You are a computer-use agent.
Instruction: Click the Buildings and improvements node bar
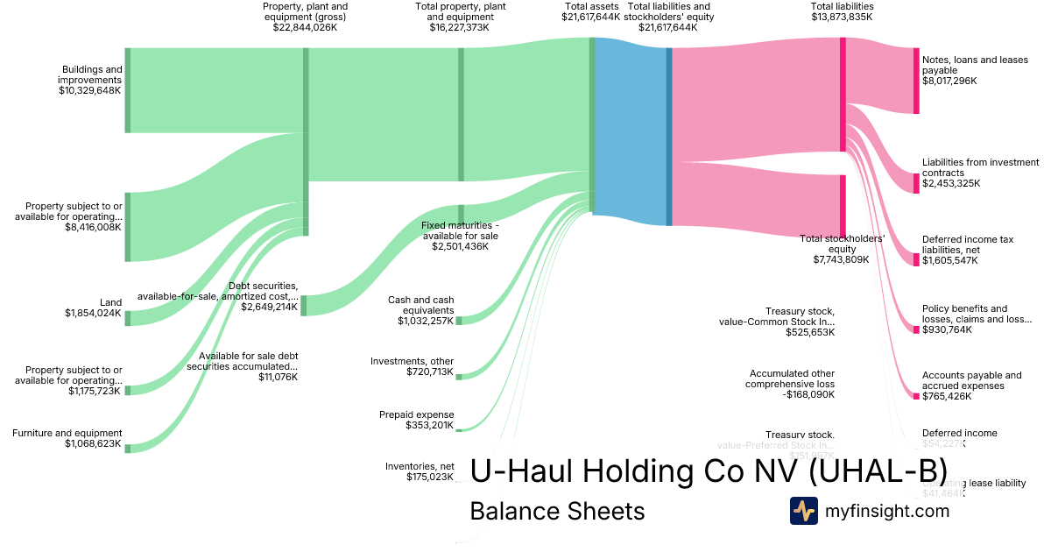[127, 90]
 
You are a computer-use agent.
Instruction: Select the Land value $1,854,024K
[93, 313]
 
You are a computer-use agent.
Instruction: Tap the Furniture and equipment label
[67, 433]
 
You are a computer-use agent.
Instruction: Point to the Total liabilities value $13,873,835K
[842, 17]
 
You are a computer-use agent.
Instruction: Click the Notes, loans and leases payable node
[916, 81]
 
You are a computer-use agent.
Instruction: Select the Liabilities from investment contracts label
[980, 167]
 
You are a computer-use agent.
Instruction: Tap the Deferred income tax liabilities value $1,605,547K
[950, 260]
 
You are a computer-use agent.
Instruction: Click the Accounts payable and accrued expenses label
[971, 380]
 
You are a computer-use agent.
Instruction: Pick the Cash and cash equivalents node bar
[458, 321]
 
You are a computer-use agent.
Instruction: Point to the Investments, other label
[412, 361]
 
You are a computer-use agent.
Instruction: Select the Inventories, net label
[419, 466]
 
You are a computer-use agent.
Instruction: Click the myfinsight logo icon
[803, 511]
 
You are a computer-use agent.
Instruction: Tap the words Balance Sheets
[557, 511]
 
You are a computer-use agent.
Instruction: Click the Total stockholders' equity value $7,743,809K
[841, 259]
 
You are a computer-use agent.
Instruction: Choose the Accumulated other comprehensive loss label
[790, 379]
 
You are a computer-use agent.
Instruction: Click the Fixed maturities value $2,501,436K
[460, 247]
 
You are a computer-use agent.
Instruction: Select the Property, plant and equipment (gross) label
[305, 11]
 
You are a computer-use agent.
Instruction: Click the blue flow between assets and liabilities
[631, 131]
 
